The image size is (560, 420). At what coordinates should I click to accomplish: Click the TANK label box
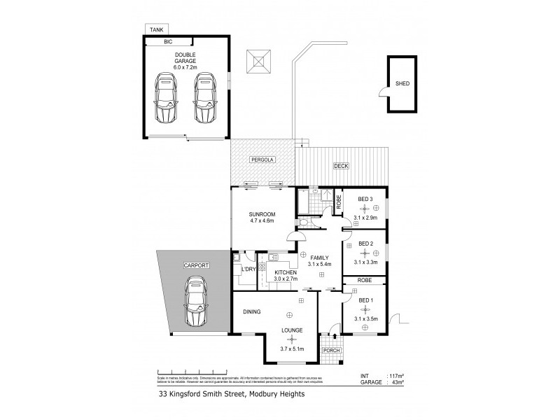(155, 29)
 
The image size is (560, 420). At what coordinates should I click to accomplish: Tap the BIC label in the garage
(167, 43)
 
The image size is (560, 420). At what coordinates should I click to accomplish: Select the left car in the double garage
(166, 97)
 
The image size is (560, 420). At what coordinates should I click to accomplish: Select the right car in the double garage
(204, 97)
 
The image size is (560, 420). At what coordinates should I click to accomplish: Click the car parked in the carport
(197, 302)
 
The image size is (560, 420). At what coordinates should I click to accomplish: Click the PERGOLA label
(263, 160)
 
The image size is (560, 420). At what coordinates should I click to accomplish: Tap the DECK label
(340, 166)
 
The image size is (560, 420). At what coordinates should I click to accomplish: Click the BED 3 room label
(365, 199)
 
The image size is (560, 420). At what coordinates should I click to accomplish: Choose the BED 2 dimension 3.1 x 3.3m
(365, 262)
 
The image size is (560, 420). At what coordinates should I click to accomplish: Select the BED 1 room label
(365, 300)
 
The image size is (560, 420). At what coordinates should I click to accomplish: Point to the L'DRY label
(247, 269)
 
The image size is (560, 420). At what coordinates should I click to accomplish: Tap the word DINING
(252, 312)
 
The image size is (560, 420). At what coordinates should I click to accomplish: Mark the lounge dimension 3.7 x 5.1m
(291, 348)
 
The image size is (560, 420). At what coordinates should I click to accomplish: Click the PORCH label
(330, 350)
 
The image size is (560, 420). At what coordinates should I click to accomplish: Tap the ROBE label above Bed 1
(365, 280)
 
